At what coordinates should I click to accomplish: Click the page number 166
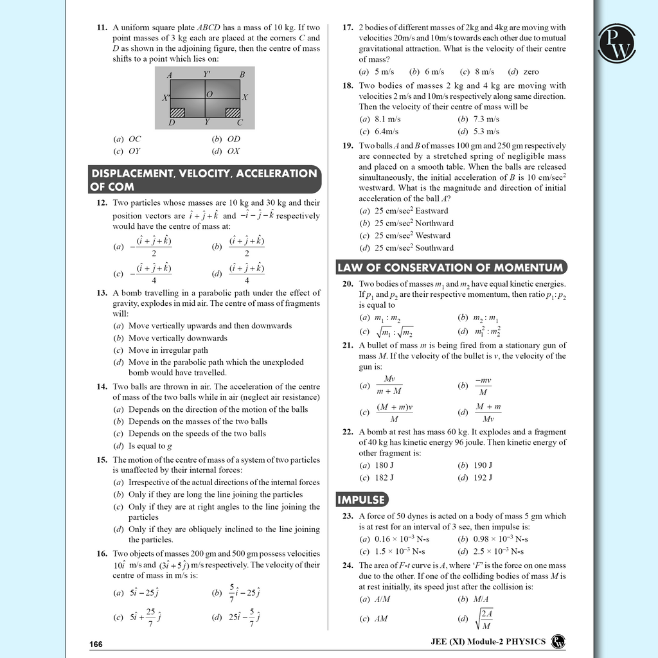tap(96, 644)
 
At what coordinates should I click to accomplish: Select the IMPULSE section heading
tap(362, 499)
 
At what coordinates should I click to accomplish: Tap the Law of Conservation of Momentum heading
tap(451, 267)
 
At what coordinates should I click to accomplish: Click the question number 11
tap(102, 28)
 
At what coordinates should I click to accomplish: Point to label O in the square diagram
tap(209, 94)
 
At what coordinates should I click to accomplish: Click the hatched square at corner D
tap(177, 112)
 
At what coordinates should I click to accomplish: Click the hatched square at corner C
tap(233, 112)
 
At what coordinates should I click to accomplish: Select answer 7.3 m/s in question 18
tap(486, 119)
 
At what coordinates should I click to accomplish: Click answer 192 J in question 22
tap(483, 477)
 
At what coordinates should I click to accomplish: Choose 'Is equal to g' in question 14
tap(150, 446)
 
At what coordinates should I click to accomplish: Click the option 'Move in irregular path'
tap(168, 350)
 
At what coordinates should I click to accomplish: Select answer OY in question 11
tap(134, 151)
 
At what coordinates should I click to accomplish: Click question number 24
tap(348, 565)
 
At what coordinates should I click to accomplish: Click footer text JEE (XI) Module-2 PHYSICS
tap(488, 641)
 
